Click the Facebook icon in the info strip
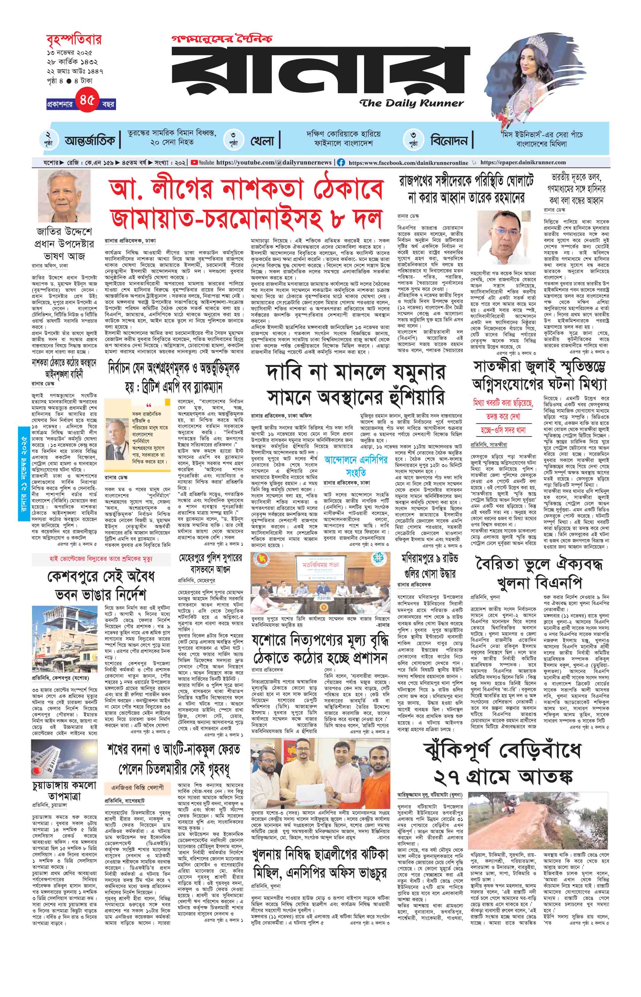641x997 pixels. (x=341, y=163)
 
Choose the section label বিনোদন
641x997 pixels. (x=449, y=141)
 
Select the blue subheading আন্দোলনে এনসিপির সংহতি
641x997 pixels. (x=356, y=466)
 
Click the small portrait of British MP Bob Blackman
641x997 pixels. (x=117, y=436)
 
